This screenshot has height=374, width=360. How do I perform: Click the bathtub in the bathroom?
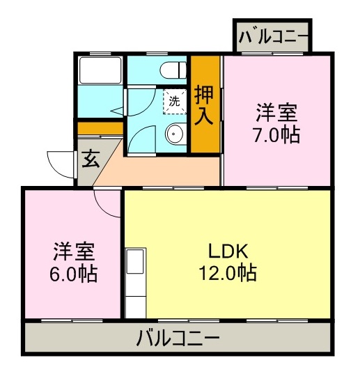[100, 70]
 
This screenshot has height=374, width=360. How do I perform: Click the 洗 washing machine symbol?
[174, 100]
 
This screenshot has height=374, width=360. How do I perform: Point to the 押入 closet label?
[205, 104]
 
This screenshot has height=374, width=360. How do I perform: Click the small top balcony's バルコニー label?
[272, 37]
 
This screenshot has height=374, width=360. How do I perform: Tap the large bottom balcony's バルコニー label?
[178, 339]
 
